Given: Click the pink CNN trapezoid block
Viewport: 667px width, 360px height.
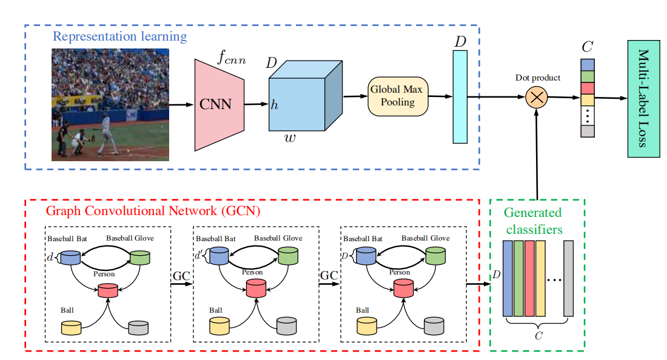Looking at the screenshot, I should (x=217, y=104).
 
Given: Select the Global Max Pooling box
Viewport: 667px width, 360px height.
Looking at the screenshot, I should (x=398, y=96).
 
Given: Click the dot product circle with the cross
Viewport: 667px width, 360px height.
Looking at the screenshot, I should (x=537, y=97).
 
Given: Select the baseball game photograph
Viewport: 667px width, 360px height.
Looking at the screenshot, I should (x=110, y=104).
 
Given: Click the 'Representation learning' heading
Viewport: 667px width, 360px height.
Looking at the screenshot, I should (x=119, y=36).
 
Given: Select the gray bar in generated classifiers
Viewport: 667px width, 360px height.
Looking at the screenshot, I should (x=568, y=278).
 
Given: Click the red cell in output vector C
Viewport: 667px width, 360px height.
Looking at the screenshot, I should (x=588, y=88).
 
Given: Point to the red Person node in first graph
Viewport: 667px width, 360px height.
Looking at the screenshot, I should (x=108, y=291).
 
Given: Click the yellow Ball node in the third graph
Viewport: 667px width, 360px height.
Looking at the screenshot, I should (x=366, y=327).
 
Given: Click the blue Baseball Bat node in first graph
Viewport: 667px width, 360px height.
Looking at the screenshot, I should (x=71, y=258).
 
